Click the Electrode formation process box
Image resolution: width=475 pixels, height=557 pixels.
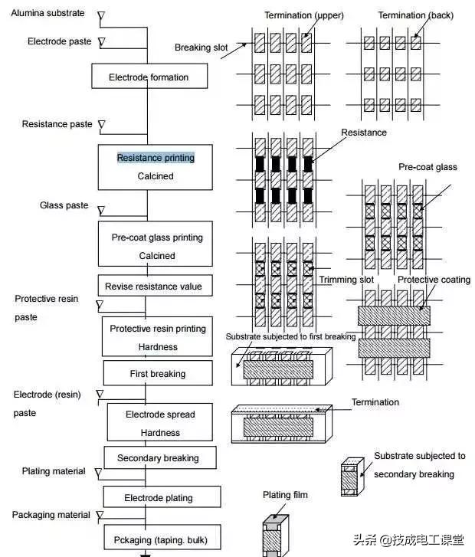[148, 77]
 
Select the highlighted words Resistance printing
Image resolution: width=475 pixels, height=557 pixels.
[156, 158]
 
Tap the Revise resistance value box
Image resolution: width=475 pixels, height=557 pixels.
[154, 287]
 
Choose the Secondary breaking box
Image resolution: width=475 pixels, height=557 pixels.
[158, 458]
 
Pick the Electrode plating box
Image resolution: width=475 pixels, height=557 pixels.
[159, 498]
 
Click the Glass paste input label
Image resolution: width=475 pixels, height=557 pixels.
[64, 205]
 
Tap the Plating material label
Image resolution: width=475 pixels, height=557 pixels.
[54, 471]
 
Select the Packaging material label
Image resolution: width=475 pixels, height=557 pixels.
[51, 515]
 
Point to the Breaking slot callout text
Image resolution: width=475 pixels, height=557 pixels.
[201, 48]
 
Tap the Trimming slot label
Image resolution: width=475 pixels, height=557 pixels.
[346, 280]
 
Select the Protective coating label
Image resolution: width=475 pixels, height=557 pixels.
[434, 280]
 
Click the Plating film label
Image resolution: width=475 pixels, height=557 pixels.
[285, 495]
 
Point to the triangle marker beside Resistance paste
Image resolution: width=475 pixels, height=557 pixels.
[101, 125]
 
